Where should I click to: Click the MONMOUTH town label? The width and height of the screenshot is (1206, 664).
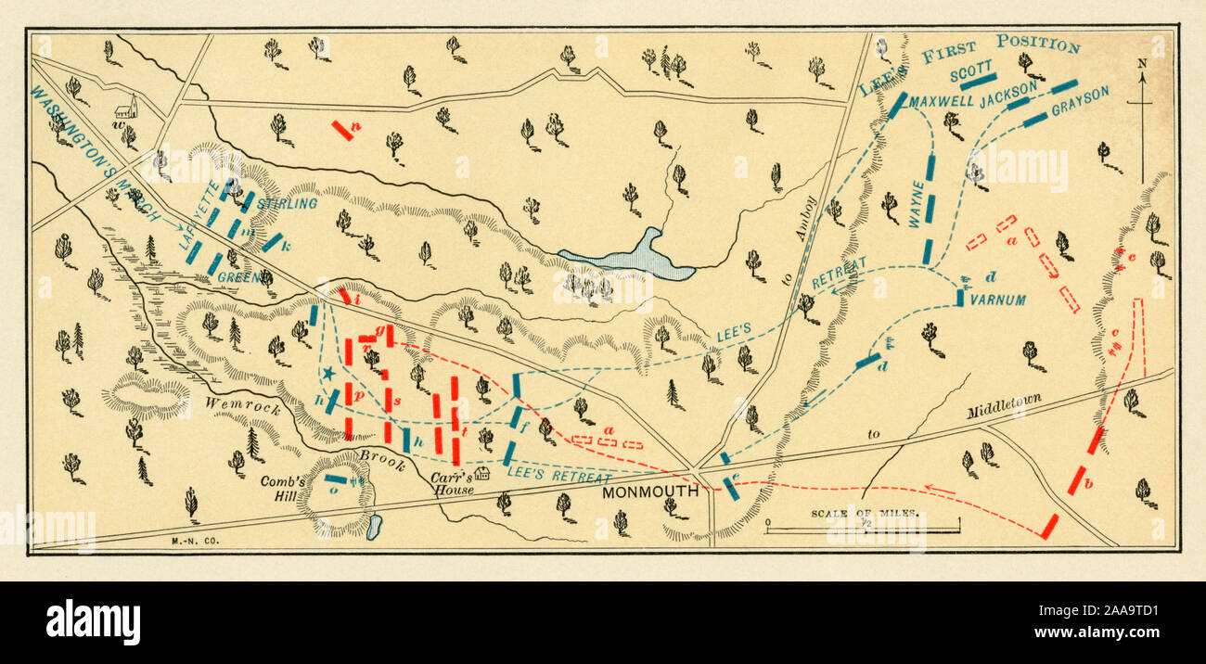[x=649, y=492]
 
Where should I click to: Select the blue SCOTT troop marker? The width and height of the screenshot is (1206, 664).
[x=978, y=82]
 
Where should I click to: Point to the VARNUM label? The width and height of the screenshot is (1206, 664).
[x=997, y=300]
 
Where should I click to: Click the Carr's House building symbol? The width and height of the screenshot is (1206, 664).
[x=481, y=474]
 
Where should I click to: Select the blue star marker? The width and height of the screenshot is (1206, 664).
[x=327, y=374]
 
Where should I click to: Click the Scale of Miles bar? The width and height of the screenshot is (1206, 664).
[x=863, y=530]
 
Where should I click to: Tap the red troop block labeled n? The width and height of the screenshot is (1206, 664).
[x=341, y=131]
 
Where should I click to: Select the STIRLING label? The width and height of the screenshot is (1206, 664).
[x=287, y=203]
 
